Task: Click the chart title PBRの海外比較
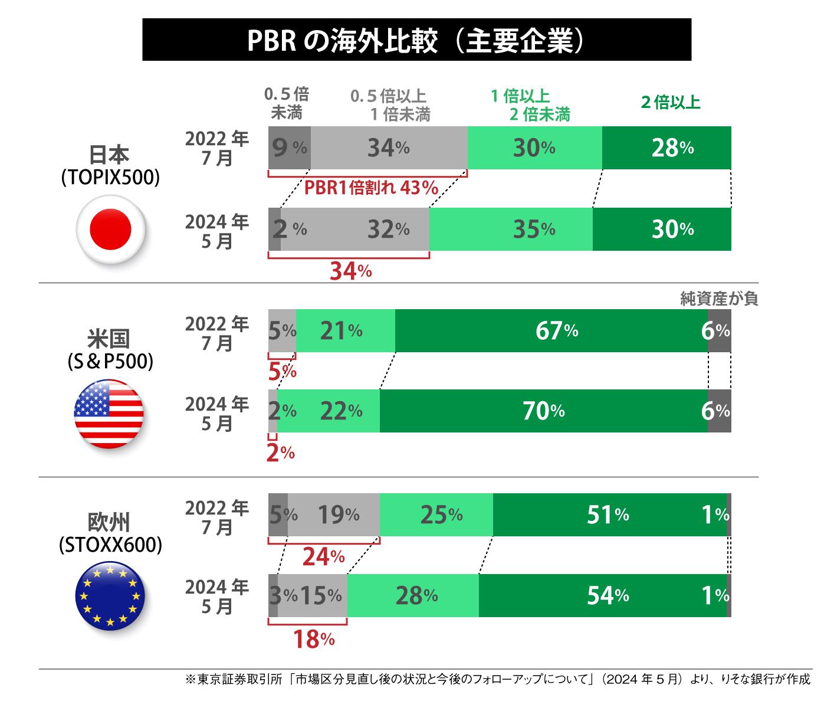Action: tap(416, 40)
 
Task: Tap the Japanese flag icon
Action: tap(110, 230)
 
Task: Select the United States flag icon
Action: tap(110, 414)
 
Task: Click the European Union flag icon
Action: tap(110, 596)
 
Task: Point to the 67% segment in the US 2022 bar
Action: tap(551, 331)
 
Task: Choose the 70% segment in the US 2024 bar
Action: tap(543, 411)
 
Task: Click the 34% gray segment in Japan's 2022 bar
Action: tap(389, 148)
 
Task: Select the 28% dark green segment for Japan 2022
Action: tap(666, 148)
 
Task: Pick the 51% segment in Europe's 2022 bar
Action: tap(609, 515)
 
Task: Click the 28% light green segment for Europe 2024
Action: tap(413, 596)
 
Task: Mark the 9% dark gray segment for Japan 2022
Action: tap(289, 148)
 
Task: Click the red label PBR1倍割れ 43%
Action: tap(371, 188)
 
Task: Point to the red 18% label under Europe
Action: tap(314, 639)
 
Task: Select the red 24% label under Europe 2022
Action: tap(323, 556)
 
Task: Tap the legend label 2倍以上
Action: tap(670, 103)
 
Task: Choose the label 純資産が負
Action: tap(718, 299)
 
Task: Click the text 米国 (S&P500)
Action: tap(110, 350)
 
